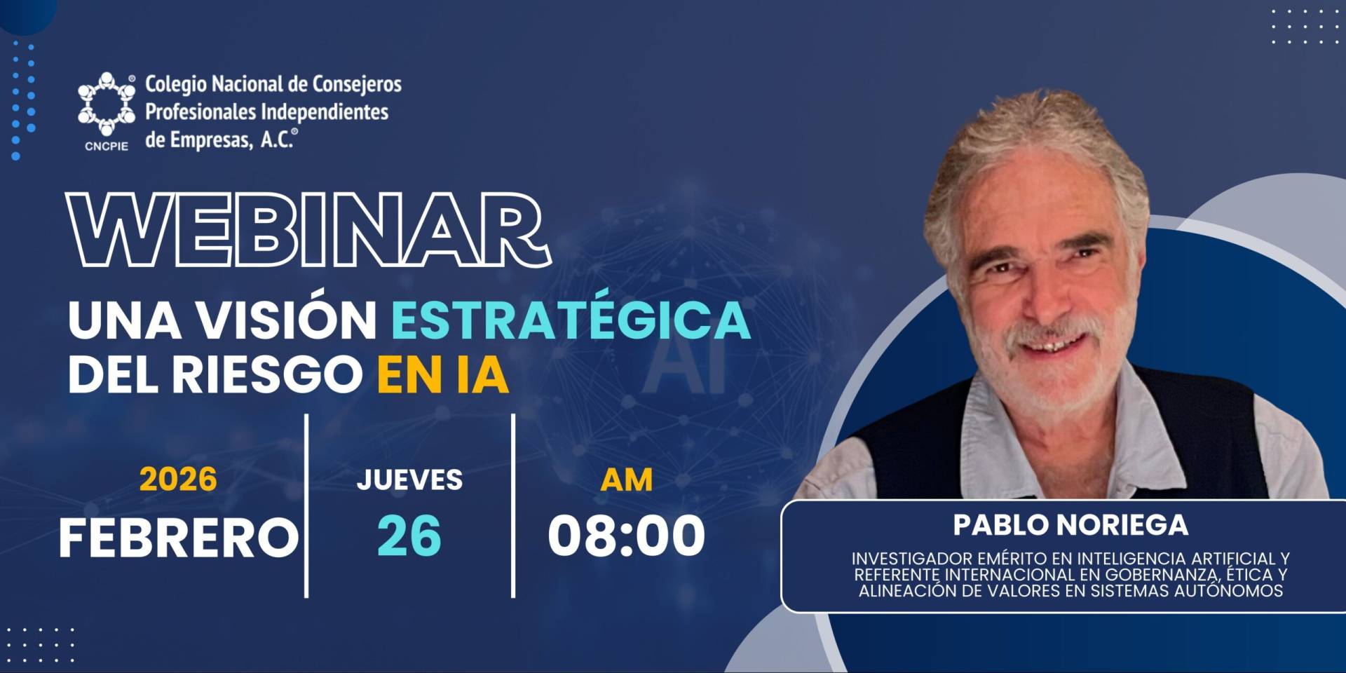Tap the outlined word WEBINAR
click(308, 230)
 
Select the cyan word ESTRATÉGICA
click(571, 320)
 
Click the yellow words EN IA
click(442, 375)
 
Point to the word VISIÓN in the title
click(287, 320)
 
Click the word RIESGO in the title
click(267, 375)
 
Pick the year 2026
click(178, 480)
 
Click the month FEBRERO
click(179, 538)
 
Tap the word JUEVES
click(409, 480)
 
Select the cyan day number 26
click(409, 536)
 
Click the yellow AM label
click(627, 480)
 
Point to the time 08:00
click(627, 536)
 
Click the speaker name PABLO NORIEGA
click(1070, 525)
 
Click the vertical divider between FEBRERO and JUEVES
click(306, 505)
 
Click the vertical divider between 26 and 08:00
click(513, 505)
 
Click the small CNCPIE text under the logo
click(107, 147)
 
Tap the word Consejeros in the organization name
click(357, 85)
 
